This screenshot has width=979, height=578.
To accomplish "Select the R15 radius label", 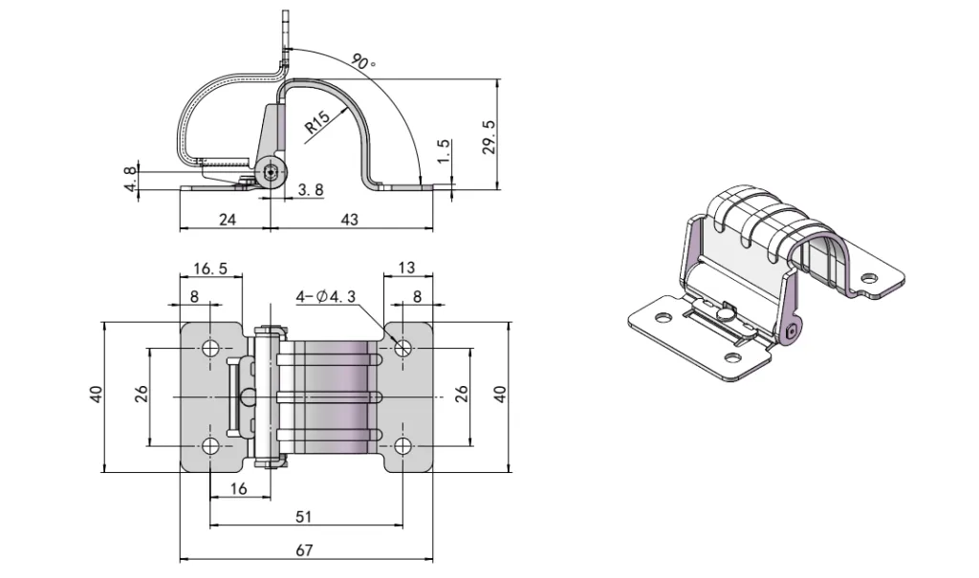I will coord(317,123).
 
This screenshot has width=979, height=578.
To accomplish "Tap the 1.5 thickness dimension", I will coord(442,150).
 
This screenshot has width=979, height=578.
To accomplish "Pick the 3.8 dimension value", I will coord(310,190).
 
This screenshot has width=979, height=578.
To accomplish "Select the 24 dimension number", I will coord(227,220).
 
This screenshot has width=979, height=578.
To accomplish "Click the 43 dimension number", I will coord(350,220).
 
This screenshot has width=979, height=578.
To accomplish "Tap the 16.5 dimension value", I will coord(210,269).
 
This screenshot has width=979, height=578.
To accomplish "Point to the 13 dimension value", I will coord(406,269).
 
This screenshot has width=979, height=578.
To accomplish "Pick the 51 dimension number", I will coord(303,516).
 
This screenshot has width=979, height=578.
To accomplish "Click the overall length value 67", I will coord(303,549).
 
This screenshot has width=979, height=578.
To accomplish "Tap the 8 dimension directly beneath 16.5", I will coord(195,297).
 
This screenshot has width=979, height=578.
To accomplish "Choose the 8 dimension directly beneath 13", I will coord(417,297).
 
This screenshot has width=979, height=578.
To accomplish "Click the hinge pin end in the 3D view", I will coord(790,332).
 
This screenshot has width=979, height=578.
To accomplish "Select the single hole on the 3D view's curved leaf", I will coord(868,278).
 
